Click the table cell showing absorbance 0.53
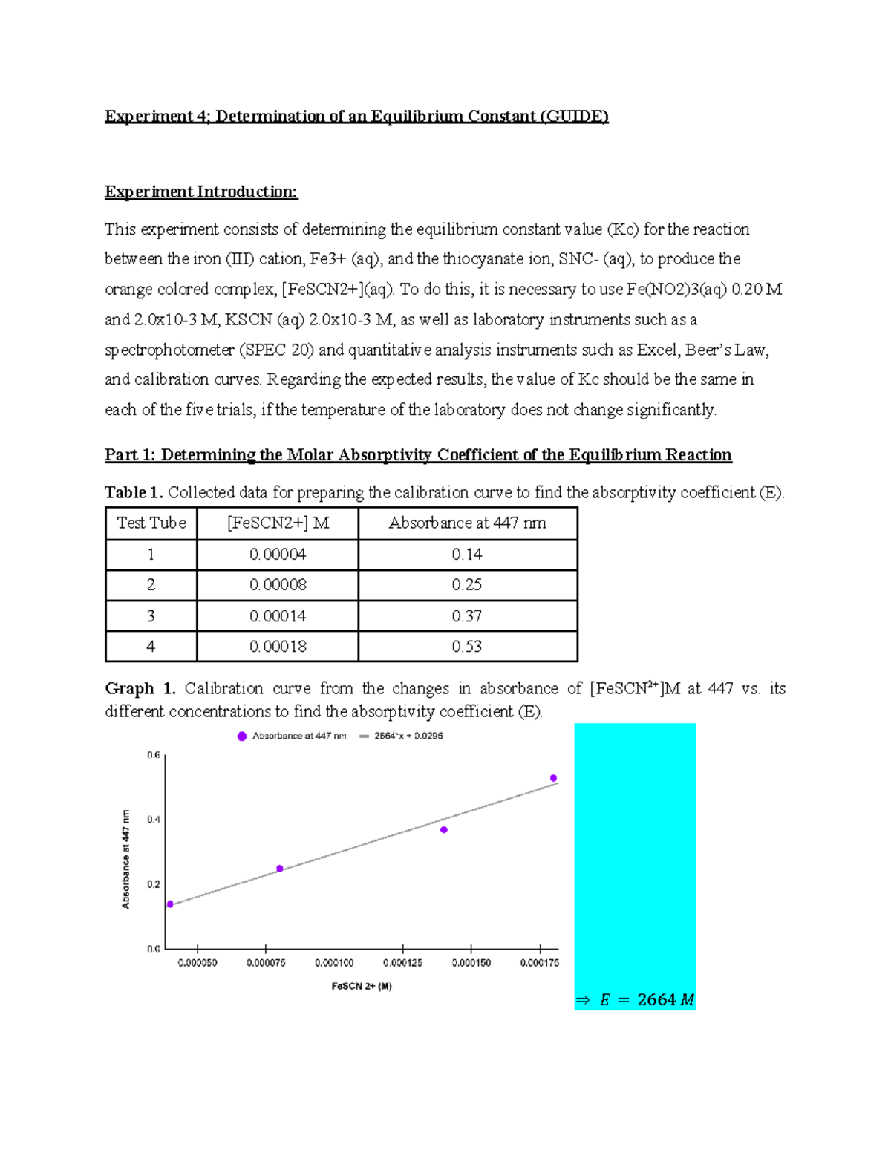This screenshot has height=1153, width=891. coord(467,647)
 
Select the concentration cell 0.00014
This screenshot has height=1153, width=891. coord(278,616)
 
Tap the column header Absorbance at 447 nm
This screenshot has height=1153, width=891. coord(467,523)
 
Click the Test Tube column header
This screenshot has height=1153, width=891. coord(151,523)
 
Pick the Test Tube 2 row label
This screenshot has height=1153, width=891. coord(151,585)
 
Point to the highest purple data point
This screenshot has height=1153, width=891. coord(553,778)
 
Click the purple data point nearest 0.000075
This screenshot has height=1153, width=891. coord(280,869)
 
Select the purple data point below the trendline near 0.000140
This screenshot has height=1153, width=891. coord(444,830)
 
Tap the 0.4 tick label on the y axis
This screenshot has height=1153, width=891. coord(154,820)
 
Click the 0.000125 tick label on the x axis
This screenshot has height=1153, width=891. coord(402,963)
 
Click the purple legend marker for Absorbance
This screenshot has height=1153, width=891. coord(242,736)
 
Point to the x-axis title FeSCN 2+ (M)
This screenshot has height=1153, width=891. coord(362,987)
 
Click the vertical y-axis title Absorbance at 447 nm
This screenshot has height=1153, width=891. coord(126,859)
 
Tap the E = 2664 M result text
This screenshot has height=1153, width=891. coord(636,1000)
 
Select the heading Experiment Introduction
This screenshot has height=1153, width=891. coord(201,192)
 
